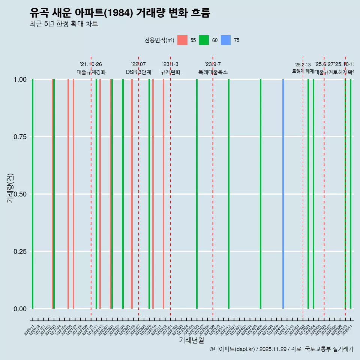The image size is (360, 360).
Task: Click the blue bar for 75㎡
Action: click(283, 194)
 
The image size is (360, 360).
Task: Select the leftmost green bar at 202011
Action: click(33, 194)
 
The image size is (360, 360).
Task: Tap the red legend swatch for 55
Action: click(182, 40)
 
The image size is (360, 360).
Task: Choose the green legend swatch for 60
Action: click(204, 40)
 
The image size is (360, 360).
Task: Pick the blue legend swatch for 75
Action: click(226, 40)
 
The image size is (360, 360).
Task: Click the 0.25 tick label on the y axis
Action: click(18, 252)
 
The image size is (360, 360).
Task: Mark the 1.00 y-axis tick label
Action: click(18, 79)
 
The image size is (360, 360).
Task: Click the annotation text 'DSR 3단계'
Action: click(138, 72)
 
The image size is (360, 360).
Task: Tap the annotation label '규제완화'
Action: click(171, 72)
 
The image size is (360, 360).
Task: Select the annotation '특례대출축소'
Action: click(213, 72)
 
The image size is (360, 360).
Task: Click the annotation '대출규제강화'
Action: click(91, 72)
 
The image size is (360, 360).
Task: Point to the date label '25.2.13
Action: click(303, 65)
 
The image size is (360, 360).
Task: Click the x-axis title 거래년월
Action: click(191, 340)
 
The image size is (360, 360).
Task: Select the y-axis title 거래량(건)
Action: click(10, 187)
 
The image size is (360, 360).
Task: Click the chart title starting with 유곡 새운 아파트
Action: click(120, 13)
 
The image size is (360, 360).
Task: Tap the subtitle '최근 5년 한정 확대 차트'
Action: click(64, 24)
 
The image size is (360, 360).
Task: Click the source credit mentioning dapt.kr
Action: click(281, 349)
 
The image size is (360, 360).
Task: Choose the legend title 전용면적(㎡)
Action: click(159, 40)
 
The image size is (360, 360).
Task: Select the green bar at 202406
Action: click(261, 194)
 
